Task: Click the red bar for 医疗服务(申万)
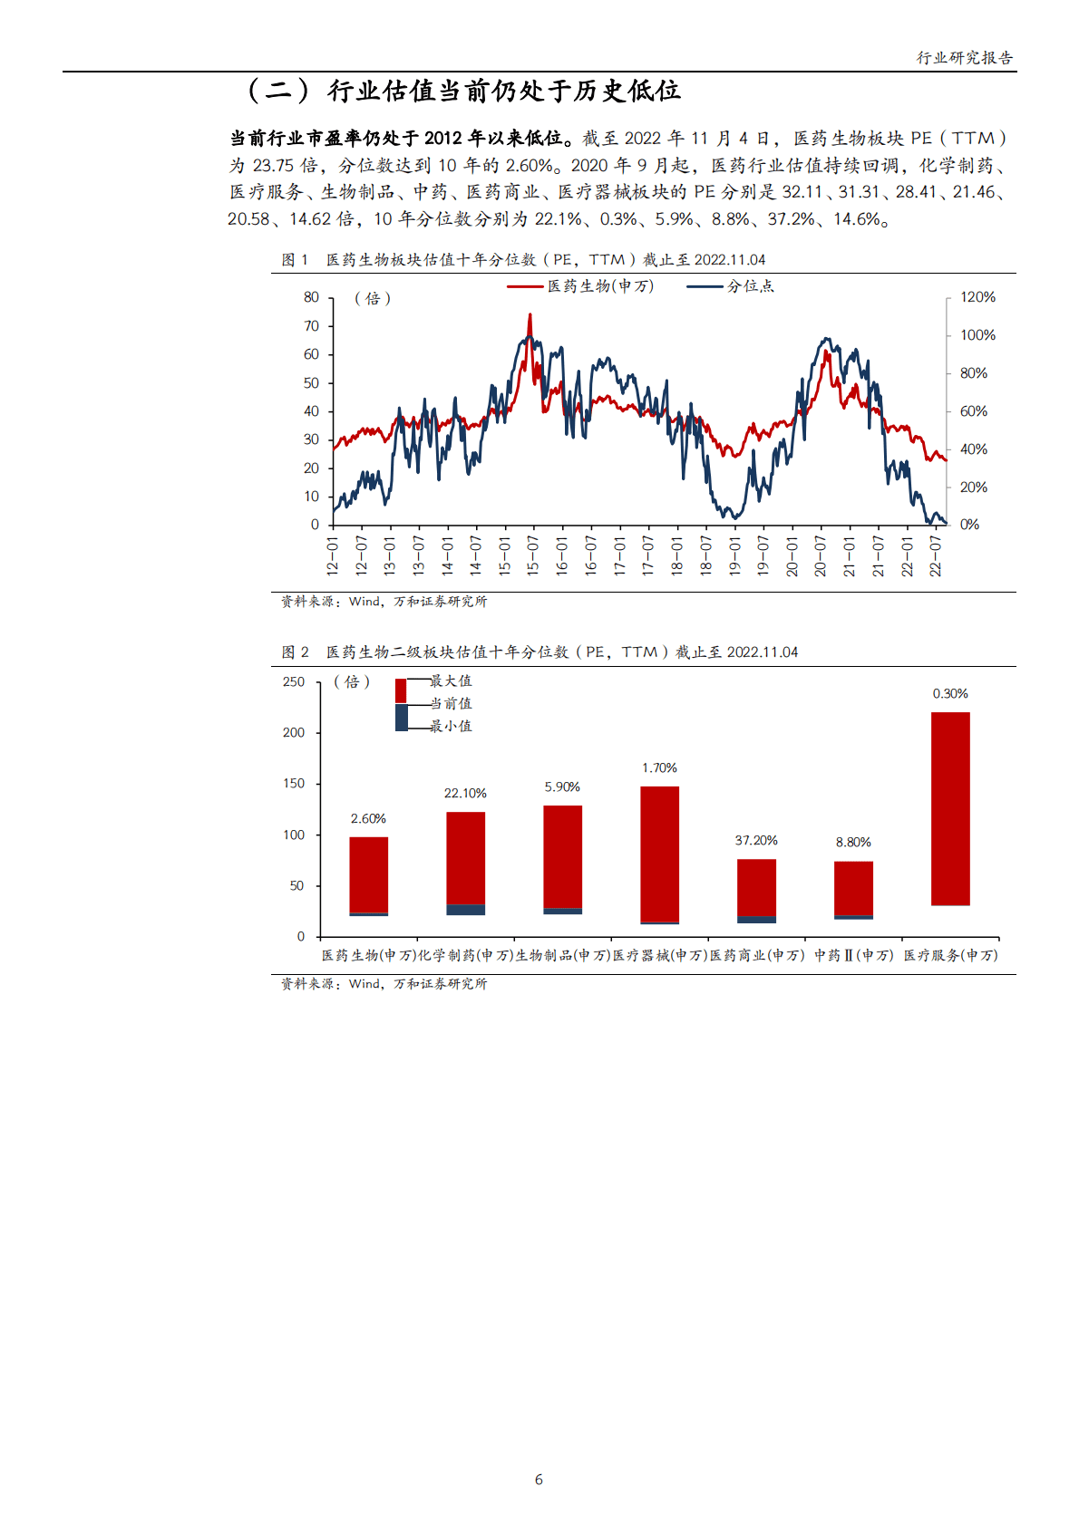click(950, 808)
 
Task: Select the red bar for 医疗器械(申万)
click(659, 854)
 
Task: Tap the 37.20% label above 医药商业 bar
click(756, 841)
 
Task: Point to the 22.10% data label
click(465, 794)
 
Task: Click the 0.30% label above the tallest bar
click(950, 694)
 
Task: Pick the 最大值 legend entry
click(450, 681)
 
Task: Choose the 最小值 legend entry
click(450, 727)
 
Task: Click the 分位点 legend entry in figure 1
click(750, 286)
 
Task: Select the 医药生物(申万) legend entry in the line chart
click(599, 286)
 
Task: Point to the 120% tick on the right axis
click(977, 297)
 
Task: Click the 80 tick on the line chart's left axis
click(311, 297)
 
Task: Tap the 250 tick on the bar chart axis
click(294, 681)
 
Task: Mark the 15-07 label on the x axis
click(533, 555)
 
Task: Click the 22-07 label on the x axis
click(936, 555)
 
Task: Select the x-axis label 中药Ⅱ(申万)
click(853, 955)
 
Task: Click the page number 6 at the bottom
click(539, 1480)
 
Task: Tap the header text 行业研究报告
click(965, 58)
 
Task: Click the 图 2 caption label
click(295, 652)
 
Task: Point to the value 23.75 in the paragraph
click(273, 166)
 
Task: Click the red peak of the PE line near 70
click(530, 316)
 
